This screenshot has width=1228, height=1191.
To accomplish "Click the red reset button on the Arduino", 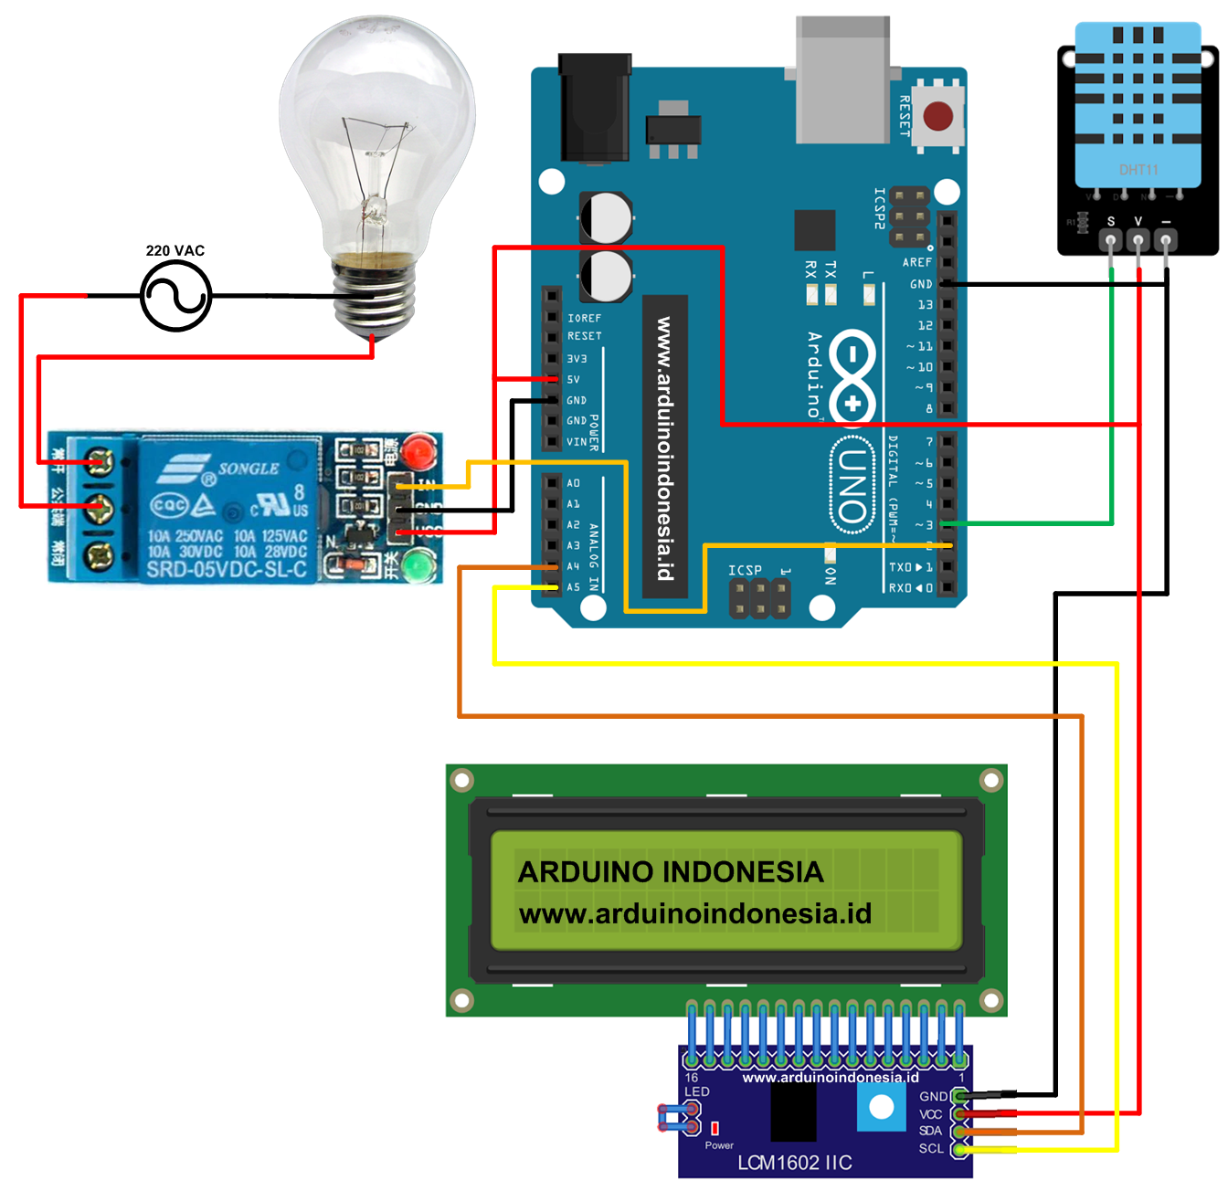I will pyautogui.click(x=937, y=116).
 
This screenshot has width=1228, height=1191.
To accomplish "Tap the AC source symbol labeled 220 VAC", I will pyautogui.click(x=175, y=296).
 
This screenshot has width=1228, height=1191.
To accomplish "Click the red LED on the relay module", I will pyautogui.click(x=418, y=450).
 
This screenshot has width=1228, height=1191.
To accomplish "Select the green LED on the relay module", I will pyautogui.click(x=418, y=566).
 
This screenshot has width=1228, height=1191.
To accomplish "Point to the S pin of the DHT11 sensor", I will pyautogui.click(x=1110, y=240).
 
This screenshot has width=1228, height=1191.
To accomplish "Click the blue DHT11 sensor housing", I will pyautogui.click(x=1138, y=105).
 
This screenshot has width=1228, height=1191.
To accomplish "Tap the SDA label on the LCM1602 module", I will pyautogui.click(x=930, y=1131).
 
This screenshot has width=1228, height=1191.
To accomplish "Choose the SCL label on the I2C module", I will pyautogui.click(x=930, y=1148).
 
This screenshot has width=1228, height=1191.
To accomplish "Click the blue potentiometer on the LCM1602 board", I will pyautogui.click(x=881, y=1108).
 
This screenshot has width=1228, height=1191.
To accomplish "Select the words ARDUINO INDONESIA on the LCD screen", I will pyautogui.click(x=670, y=872).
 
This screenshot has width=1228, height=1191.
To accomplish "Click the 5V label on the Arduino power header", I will pyautogui.click(x=574, y=379).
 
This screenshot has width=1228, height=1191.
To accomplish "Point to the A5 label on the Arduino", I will pyautogui.click(x=574, y=587).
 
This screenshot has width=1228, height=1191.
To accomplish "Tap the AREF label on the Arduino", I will pyautogui.click(x=916, y=262).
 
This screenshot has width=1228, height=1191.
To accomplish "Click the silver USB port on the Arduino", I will pyautogui.click(x=842, y=82).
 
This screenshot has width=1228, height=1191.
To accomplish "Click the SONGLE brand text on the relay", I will pyautogui.click(x=248, y=469).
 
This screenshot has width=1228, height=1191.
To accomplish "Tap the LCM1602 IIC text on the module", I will pyautogui.click(x=794, y=1163).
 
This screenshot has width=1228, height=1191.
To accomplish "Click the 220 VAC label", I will pyautogui.click(x=175, y=250).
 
